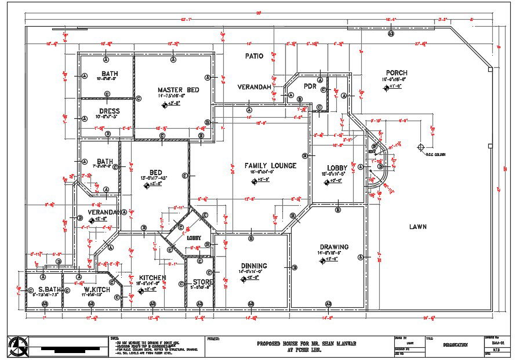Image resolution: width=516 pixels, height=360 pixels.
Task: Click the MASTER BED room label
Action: pos(178,90)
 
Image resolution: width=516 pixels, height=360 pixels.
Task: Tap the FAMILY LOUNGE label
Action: pos(270,166)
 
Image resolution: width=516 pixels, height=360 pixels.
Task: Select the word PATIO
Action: pos(254,56)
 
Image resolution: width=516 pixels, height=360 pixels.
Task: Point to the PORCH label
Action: pos(397,73)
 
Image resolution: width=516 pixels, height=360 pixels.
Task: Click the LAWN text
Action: pos(417,227)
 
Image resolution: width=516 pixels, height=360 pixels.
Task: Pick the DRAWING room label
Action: pos(333,247)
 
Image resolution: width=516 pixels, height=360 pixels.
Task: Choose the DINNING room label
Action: pos(255,266)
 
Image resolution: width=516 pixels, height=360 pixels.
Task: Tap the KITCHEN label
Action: pos(152,278)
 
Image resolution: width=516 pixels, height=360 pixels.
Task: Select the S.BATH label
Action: pos(50,289)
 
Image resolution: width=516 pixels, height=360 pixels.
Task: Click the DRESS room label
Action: pos(109,111)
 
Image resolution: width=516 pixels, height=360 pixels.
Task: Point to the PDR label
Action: pos(310,86)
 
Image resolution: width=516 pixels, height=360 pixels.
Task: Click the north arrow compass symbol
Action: pos(16,347)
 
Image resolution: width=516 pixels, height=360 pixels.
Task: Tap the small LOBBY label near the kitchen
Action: pos(194,238)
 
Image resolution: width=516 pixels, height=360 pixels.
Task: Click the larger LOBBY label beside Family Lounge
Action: pos(337,168)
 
